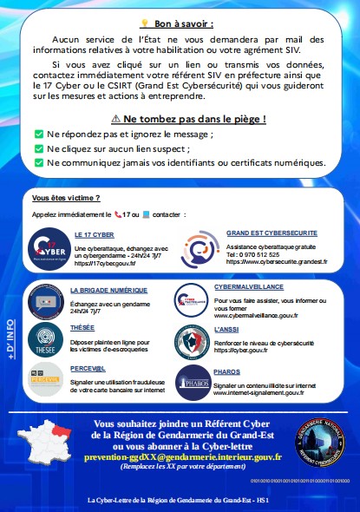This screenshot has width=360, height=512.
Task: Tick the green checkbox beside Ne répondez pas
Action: click(38, 135)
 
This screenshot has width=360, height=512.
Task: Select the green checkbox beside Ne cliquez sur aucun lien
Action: click(38, 148)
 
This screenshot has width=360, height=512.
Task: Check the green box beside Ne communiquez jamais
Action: click(38, 162)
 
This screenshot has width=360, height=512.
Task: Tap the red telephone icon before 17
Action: click(118, 213)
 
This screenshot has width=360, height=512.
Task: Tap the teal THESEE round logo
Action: click(44, 338)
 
